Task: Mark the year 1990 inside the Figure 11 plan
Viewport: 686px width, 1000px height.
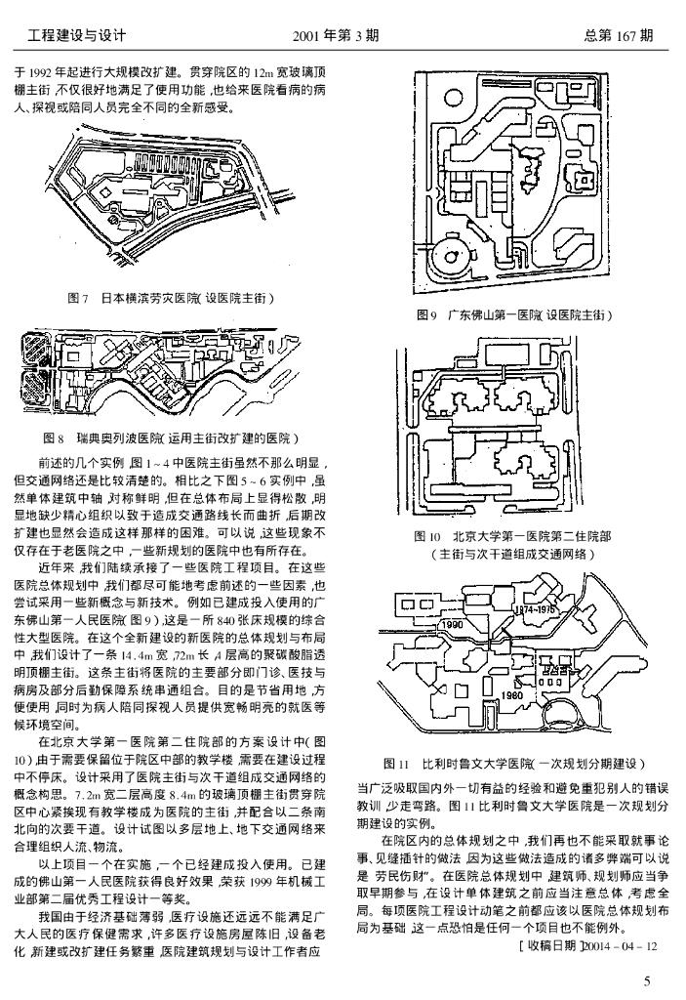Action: click(452, 623)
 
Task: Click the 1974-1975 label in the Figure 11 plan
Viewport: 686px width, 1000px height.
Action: click(535, 608)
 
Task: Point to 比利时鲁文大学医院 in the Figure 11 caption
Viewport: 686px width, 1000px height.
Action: click(479, 762)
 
